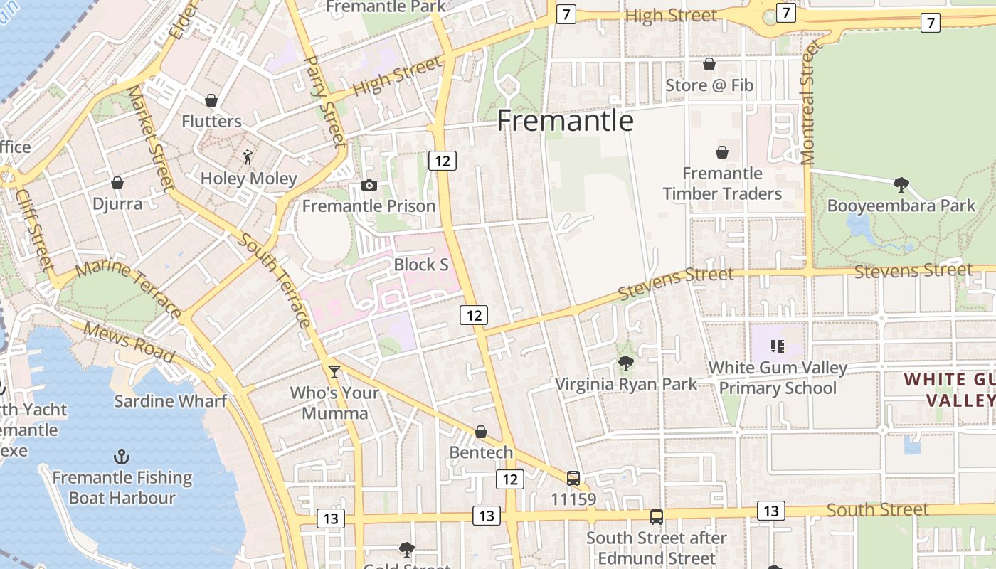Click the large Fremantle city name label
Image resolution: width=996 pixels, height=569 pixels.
click(x=565, y=121)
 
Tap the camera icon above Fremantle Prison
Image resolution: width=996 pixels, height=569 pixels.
click(x=369, y=186)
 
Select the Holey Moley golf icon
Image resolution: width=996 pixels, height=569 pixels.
click(x=248, y=157)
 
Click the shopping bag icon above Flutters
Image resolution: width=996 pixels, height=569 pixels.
click(x=211, y=100)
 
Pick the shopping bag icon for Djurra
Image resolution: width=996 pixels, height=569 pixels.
click(x=117, y=184)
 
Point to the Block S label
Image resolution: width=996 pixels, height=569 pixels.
click(x=421, y=265)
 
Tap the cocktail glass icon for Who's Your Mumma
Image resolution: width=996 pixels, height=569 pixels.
click(x=334, y=371)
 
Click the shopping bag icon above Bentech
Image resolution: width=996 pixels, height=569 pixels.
click(x=481, y=432)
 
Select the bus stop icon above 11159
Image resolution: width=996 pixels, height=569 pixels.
click(x=573, y=478)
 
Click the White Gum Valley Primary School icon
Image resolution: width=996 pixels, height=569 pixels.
click(x=777, y=346)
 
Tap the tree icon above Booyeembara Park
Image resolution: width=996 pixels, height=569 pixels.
click(x=901, y=186)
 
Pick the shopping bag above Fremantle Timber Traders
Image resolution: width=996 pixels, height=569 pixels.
click(x=722, y=152)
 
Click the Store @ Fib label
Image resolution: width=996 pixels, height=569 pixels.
click(x=709, y=85)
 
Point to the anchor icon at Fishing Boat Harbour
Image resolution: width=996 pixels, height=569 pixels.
click(x=122, y=456)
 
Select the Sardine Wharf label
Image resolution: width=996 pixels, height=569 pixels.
click(x=171, y=401)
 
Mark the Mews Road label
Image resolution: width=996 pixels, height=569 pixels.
click(x=129, y=342)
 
